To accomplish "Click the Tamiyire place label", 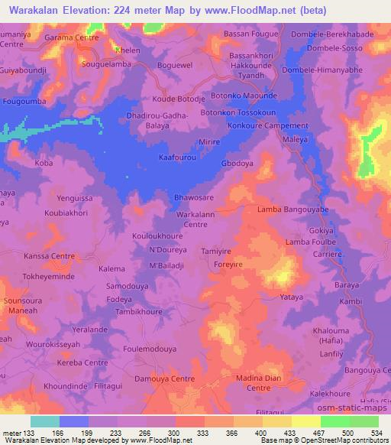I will pos(215,251).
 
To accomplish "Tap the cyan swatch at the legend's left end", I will pos(45,421).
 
